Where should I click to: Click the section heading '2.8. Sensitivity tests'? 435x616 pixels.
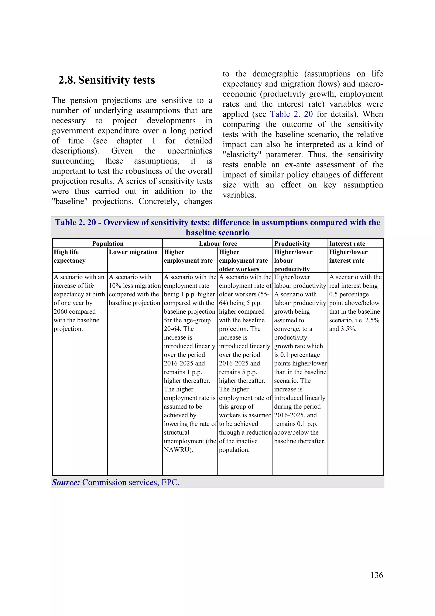coord(107,80)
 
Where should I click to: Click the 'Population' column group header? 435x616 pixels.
coord(108,243)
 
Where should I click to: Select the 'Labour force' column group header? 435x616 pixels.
coord(218,243)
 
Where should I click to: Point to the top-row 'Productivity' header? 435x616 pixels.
coord(292,243)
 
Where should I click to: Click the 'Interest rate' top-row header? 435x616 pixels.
coord(347,243)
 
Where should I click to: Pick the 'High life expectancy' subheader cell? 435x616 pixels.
coord(69,256)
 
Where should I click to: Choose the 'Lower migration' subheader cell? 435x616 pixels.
coord(133,252)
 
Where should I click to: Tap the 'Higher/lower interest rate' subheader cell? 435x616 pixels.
coord(348,256)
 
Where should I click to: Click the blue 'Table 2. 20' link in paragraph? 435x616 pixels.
coord(291,114)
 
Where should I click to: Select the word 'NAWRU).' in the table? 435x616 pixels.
coord(178,450)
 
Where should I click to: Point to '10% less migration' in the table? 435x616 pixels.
coord(134,286)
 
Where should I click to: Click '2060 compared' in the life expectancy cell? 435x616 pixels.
coord(75,312)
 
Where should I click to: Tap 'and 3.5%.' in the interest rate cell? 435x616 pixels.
coord(343,329)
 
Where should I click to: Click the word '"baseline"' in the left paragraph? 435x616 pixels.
coord(70,201)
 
